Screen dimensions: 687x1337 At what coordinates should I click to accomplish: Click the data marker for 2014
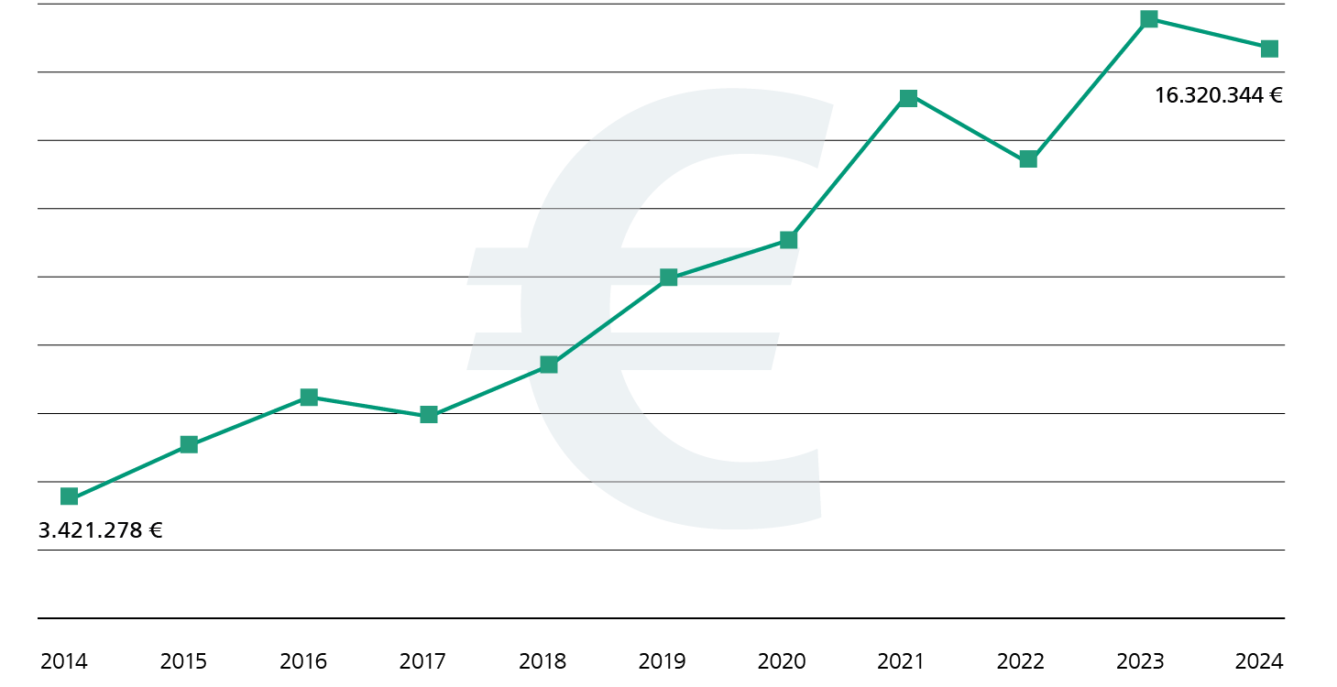pyautogui.click(x=69, y=496)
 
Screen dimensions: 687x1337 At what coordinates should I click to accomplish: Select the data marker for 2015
pyautogui.click(x=189, y=444)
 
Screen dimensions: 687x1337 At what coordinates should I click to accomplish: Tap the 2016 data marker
pyautogui.click(x=309, y=397)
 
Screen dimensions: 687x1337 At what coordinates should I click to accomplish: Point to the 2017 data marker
pyautogui.click(x=429, y=415)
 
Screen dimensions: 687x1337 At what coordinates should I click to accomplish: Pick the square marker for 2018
pyautogui.click(x=549, y=365)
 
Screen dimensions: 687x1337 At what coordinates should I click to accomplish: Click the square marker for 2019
pyautogui.click(x=669, y=277)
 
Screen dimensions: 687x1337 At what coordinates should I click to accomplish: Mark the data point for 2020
pyautogui.click(x=788, y=240)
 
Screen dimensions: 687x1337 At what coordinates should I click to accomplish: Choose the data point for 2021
pyautogui.click(x=908, y=98)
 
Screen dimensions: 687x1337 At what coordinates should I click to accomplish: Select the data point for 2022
pyautogui.click(x=1028, y=159)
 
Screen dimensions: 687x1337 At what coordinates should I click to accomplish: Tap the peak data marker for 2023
pyautogui.click(x=1149, y=19)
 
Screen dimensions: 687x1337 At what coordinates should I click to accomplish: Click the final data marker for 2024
pyautogui.click(x=1269, y=49)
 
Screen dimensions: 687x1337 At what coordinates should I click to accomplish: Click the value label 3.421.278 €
pyautogui.click(x=101, y=530)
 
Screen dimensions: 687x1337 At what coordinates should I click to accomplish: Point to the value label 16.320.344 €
pyautogui.click(x=1218, y=95)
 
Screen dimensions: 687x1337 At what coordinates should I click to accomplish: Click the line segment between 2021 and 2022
pyautogui.click(x=969, y=129)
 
